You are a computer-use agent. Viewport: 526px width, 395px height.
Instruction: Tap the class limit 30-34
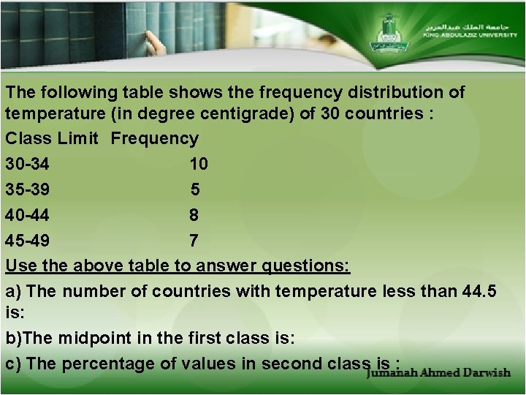[x=28, y=164]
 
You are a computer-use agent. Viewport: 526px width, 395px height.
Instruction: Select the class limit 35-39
[x=28, y=189]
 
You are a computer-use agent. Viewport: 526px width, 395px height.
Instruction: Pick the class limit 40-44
[x=28, y=215]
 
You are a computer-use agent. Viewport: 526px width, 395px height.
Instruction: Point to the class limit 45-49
[x=28, y=241]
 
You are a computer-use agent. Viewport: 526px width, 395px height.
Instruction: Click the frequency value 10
[x=198, y=164]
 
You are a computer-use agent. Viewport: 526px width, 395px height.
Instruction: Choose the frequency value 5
[x=195, y=189]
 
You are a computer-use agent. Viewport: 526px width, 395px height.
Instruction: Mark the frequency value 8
[x=194, y=215]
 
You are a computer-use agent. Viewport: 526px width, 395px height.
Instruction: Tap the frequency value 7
[x=194, y=241]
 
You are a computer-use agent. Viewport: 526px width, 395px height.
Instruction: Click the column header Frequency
[x=154, y=138]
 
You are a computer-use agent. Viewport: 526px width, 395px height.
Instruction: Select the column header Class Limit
[x=51, y=138]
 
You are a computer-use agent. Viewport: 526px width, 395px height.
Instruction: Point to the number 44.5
[x=480, y=291]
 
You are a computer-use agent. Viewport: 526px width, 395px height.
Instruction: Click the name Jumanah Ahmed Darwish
[x=438, y=372]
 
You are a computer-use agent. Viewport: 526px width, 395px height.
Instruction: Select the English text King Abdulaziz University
[x=468, y=34]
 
